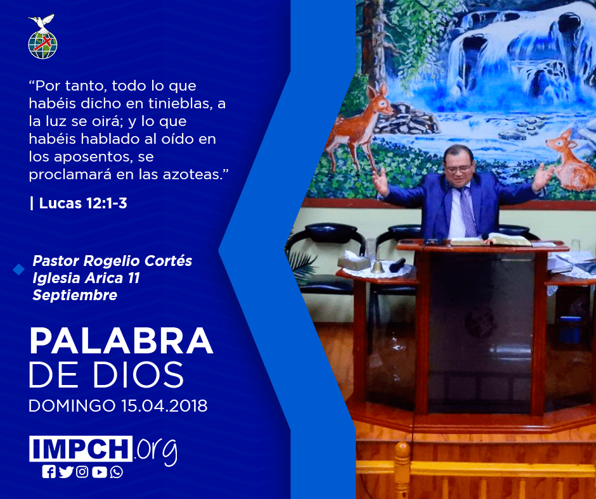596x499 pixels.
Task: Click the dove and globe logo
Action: pyautogui.click(x=42, y=37)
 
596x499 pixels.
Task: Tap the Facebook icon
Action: pyautogui.click(x=49, y=472)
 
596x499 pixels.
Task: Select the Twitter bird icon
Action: pyautogui.click(x=66, y=472)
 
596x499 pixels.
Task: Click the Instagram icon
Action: pyautogui.click(x=82, y=472)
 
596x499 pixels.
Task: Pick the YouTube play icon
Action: pyautogui.click(x=99, y=472)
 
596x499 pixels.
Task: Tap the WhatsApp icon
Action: pyautogui.click(x=116, y=472)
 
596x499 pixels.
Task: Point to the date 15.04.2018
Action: pyautogui.click(x=165, y=405)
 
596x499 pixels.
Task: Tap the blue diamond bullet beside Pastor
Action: pyautogui.click(x=18, y=270)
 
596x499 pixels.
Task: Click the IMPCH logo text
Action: pyautogui.click(x=81, y=448)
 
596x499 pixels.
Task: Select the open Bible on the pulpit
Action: pyautogui.click(x=490, y=240)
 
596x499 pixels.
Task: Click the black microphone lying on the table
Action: pyautogui.click(x=397, y=265)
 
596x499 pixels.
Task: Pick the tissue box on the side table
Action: pyautogui.click(x=354, y=261)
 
